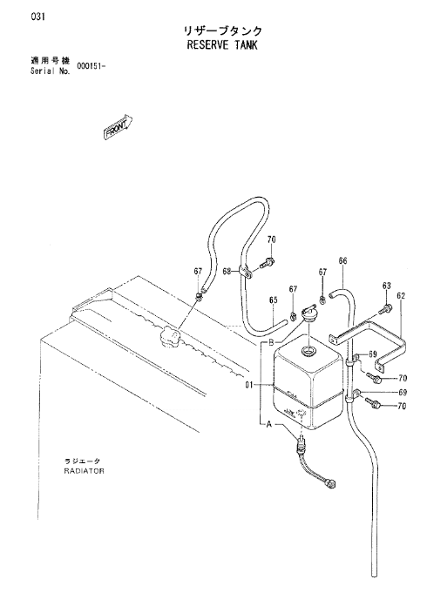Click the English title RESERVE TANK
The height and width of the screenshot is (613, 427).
tap(222, 45)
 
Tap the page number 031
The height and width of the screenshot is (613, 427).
tap(39, 17)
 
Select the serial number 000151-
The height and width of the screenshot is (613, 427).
tap(91, 66)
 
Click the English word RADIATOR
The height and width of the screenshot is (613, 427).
tap(85, 471)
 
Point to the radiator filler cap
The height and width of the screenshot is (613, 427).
tap(170, 337)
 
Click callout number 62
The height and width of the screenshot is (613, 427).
tap(401, 296)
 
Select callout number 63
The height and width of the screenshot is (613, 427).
tap(387, 286)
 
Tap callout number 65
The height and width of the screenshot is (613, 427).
tap(273, 300)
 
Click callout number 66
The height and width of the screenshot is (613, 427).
tap(342, 260)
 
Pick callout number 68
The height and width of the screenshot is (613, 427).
tap(227, 271)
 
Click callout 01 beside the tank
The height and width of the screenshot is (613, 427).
tap(249, 385)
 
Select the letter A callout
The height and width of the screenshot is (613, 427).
tap(269, 424)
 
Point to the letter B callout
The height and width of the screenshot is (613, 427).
tap(271, 343)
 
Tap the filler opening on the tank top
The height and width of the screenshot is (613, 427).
tap(308, 351)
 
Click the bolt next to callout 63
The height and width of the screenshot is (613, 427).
tap(384, 310)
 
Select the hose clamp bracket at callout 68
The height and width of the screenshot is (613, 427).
tap(246, 273)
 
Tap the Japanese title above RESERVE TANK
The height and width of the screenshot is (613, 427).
tap(223, 30)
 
